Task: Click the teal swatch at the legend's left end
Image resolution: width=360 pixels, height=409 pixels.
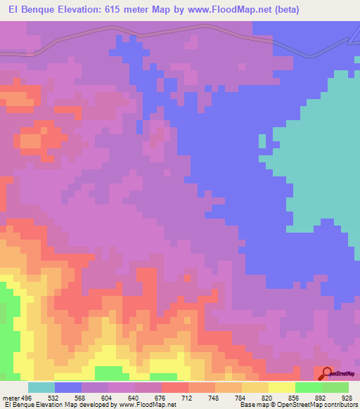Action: pyautogui.click(x=41, y=388)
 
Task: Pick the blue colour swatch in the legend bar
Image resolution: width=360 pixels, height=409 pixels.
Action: pyautogui.click(x=67, y=388)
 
